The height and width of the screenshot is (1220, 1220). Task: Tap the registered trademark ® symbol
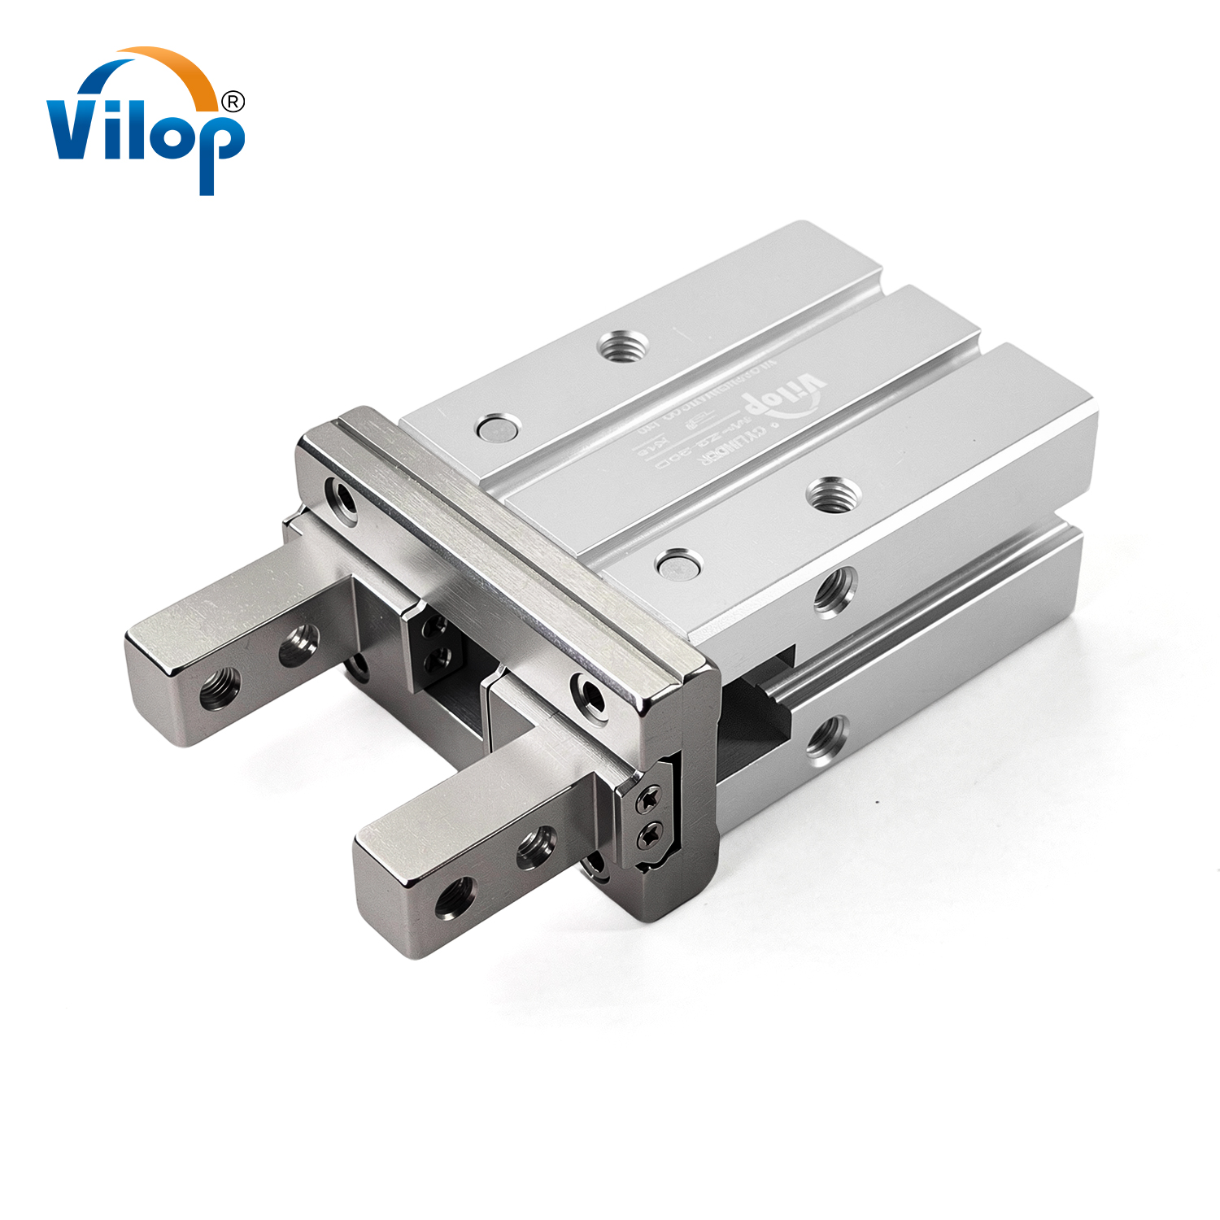point(233,102)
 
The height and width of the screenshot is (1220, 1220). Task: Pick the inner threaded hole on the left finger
point(298,645)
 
